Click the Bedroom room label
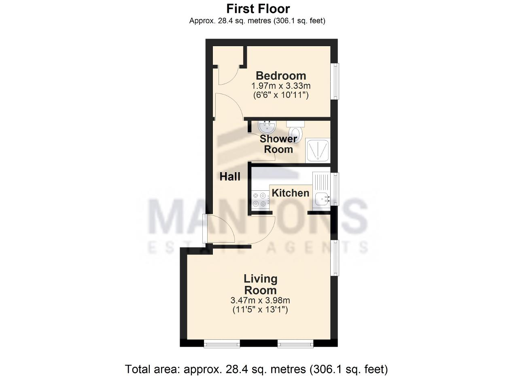pos(281,76)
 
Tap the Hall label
pos(230,177)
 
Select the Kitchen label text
pos(291,193)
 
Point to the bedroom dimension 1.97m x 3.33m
pos(281,86)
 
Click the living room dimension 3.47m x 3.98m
pos(260,300)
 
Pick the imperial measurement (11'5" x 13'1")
pos(260,310)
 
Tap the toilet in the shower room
pos(296,132)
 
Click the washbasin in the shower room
pos(267,127)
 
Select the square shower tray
pos(318,150)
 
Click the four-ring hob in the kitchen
pos(260,200)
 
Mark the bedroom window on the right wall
pos(334,81)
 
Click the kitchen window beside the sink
pos(334,189)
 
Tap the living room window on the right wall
pos(334,258)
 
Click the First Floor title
pos(258,9)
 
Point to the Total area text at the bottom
pos(256,369)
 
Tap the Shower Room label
pos(278,144)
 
